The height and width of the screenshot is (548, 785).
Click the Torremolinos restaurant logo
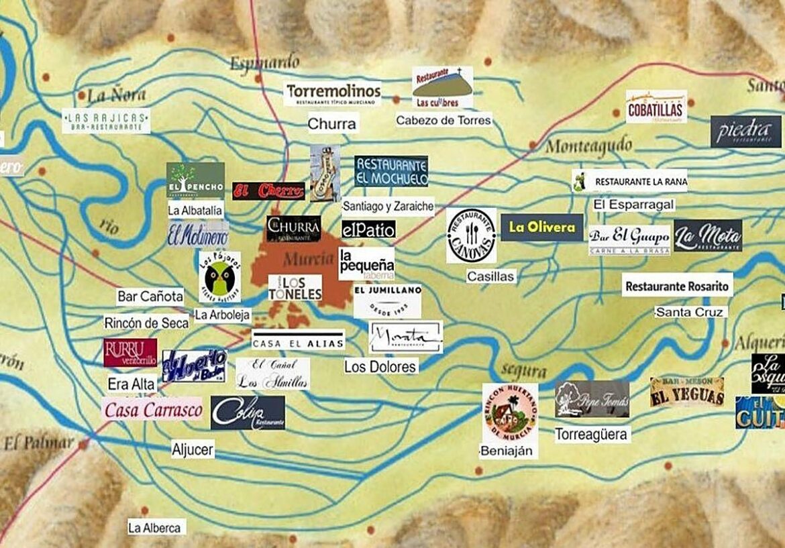[x=332, y=93]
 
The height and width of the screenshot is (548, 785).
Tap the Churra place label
[x=332, y=123]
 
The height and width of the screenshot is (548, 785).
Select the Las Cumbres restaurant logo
[x=442, y=87]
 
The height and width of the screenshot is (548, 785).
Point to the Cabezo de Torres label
[x=443, y=120]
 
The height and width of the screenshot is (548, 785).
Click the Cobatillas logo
[x=656, y=107]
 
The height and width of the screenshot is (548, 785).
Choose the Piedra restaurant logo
[x=745, y=131]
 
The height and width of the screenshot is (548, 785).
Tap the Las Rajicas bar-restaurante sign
[x=106, y=121]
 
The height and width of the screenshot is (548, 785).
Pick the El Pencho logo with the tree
[x=195, y=180]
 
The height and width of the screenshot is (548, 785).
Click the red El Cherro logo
[x=268, y=191]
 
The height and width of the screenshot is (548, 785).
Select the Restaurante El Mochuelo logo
[x=391, y=171]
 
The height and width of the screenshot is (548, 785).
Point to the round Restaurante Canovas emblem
[x=472, y=235]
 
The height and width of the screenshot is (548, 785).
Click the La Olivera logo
[x=542, y=227]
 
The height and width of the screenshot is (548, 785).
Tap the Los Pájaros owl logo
[x=219, y=277]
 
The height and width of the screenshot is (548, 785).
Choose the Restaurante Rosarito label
[x=677, y=285]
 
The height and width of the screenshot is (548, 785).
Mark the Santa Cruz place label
[x=690, y=312]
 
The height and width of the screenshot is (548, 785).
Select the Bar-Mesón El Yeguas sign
[x=687, y=392]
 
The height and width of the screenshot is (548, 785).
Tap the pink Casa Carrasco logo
[x=153, y=410]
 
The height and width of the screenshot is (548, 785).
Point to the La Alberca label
[x=156, y=527]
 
